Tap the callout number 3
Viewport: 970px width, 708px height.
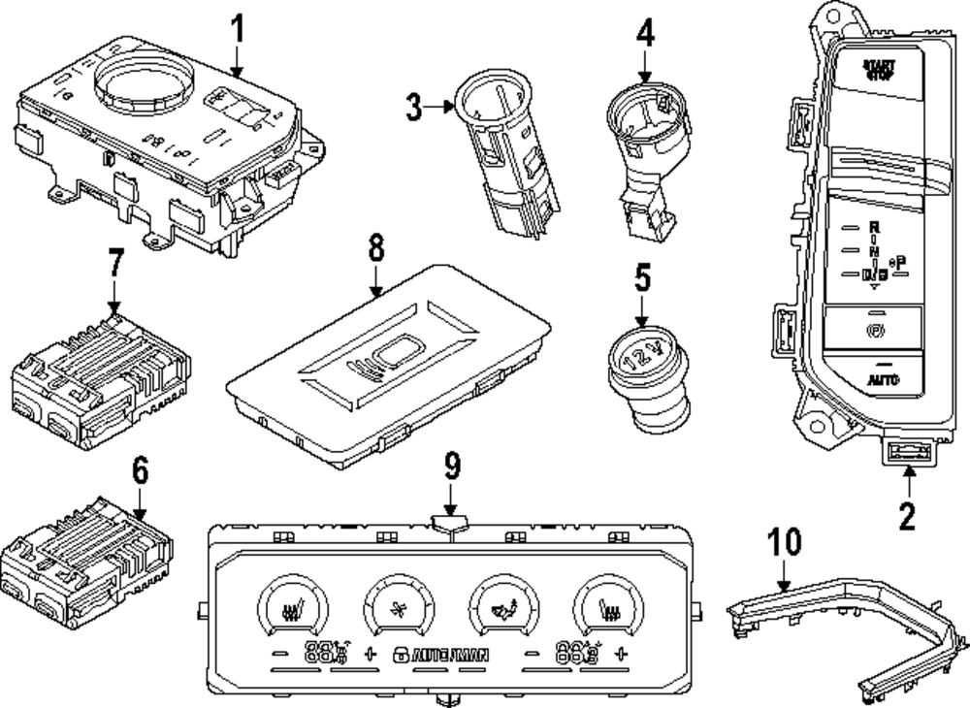pyautogui.click(x=415, y=106)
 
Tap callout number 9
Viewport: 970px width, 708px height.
pyautogui.click(x=451, y=469)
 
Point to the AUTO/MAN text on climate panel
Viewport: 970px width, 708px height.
pyautogui.click(x=449, y=655)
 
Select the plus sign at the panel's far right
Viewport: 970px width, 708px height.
pyautogui.click(x=621, y=654)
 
